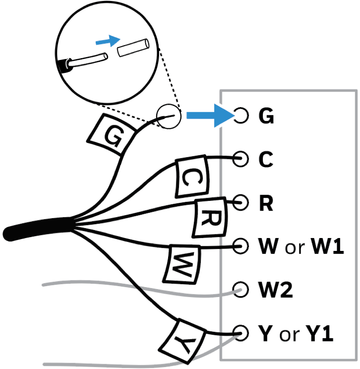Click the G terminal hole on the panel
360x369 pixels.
pyautogui.click(x=241, y=116)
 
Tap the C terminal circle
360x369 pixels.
pyautogui.click(x=241, y=159)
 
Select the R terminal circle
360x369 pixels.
pyautogui.click(x=241, y=202)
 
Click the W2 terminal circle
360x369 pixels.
pyautogui.click(x=241, y=289)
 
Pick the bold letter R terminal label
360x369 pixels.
pyautogui.click(x=265, y=203)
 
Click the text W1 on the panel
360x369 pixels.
pyautogui.click(x=327, y=247)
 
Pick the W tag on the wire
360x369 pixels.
pyautogui.click(x=183, y=263)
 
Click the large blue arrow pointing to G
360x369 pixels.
pyautogui.click(x=210, y=116)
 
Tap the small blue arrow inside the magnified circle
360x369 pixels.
pyautogui.click(x=107, y=41)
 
